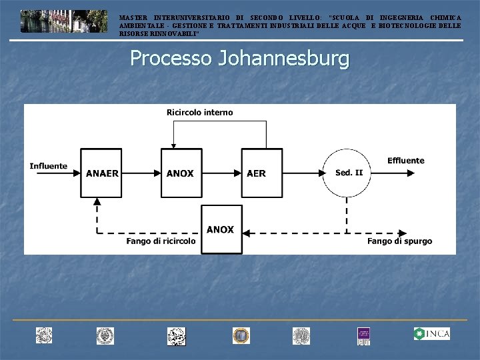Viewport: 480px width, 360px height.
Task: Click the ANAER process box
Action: [101, 173]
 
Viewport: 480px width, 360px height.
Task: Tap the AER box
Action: [261, 173]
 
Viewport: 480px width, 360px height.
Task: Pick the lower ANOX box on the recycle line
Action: [221, 229]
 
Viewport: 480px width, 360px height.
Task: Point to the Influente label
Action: [49, 166]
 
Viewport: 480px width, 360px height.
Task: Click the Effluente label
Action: [405, 161]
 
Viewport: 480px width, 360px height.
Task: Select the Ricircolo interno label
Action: [200, 113]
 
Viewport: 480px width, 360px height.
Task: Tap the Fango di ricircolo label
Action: [161, 241]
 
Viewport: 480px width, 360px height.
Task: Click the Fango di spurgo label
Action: [399, 241]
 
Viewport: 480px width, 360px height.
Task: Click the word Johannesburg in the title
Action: [283, 59]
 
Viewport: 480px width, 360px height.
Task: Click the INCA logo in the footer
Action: [431, 333]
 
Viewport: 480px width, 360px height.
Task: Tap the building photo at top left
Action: [63, 21]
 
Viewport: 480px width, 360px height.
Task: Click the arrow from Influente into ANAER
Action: [75, 173]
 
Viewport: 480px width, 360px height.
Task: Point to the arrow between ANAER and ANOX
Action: [141, 173]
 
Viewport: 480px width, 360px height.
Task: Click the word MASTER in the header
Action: [133, 17]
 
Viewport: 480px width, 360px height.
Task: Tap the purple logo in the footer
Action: [363, 335]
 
